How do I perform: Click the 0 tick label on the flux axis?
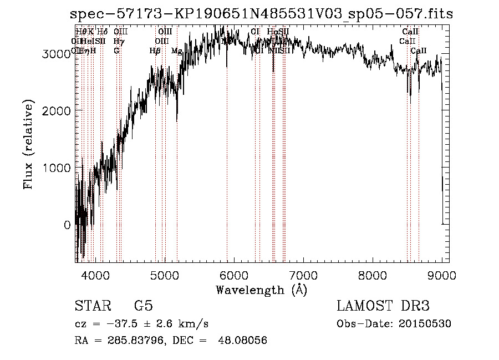click(68, 225)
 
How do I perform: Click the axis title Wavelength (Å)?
click(261, 290)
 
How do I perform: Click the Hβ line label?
click(155, 50)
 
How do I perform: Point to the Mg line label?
click(176, 50)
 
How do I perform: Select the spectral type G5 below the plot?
click(144, 306)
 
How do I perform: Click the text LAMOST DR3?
click(383, 306)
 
